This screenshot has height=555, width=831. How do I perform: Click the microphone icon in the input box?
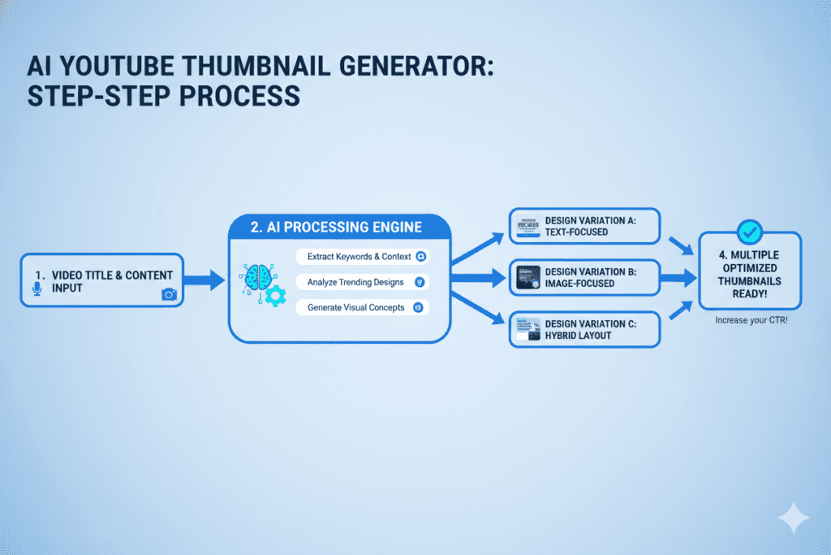[x=36, y=289]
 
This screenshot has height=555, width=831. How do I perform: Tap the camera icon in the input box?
[x=169, y=294]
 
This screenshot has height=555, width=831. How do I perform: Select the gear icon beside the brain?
[x=276, y=297]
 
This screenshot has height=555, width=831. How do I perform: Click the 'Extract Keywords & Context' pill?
[x=362, y=257]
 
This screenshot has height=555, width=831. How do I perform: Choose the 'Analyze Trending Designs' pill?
[x=362, y=282]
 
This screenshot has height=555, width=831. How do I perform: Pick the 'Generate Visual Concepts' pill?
[x=362, y=308]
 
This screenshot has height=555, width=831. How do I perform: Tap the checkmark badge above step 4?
[x=751, y=232]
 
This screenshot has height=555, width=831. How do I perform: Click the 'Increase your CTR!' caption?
[x=750, y=321]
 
